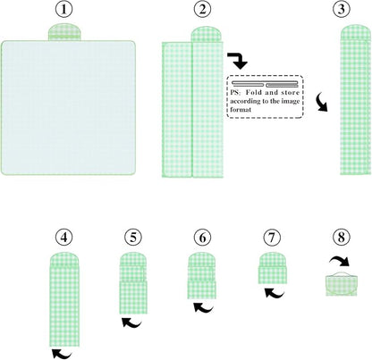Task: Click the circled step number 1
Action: click(x=64, y=9)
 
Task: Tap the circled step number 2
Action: click(x=202, y=9)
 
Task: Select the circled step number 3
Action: click(x=341, y=9)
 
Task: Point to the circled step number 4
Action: click(x=64, y=238)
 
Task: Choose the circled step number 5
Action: click(x=133, y=238)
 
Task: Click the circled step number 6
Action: click(x=202, y=238)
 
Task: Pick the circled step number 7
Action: click(x=272, y=238)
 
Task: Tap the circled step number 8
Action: click(x=341, y=238)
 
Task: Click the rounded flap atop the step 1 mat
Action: click(x=64, y=32)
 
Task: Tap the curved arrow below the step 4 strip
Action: click(x=62, y=355)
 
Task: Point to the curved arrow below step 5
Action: click(x=131, y=323)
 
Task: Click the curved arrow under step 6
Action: click(x=203, y=308)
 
